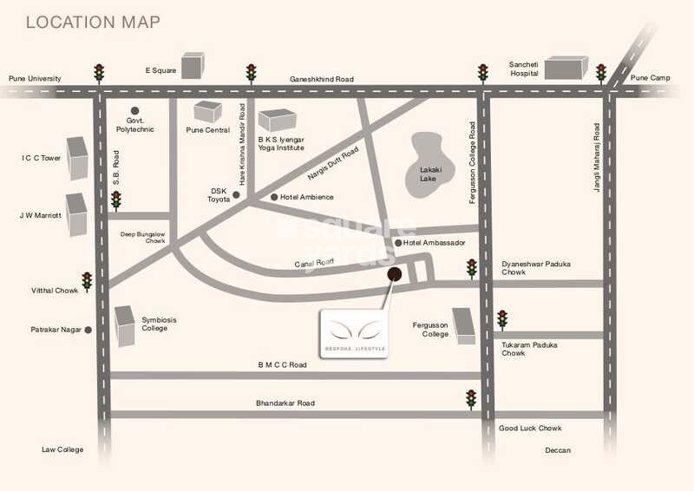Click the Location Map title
click(93, 22)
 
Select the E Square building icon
click(193, 65)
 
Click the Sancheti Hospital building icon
click(566, 68)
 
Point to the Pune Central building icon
click(207, 112)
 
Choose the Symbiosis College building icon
click(126, 326)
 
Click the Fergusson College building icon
click(463, 326)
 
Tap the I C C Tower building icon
click(78, 157)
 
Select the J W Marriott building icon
click(77, 214)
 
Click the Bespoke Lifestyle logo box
click(354, 332)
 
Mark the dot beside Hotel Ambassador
click(398, 243)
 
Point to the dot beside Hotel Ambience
click(275, 197)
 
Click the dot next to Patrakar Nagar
click(88, 330)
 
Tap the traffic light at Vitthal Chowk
click(87, 281)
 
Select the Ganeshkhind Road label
click(322, 79)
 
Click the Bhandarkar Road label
click(285, 403)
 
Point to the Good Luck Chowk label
click(531, 429)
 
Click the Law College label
click(62, 449)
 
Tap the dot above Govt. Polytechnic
click(134, 109)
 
